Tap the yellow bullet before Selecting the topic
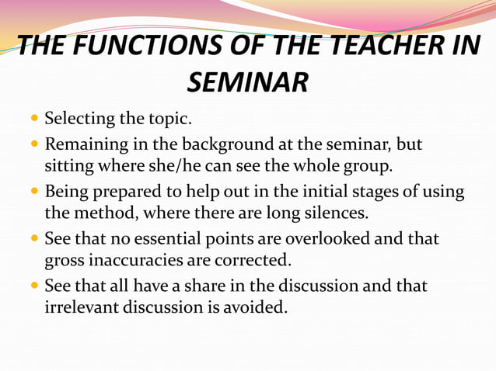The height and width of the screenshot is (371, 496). [x=35, y=120]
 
